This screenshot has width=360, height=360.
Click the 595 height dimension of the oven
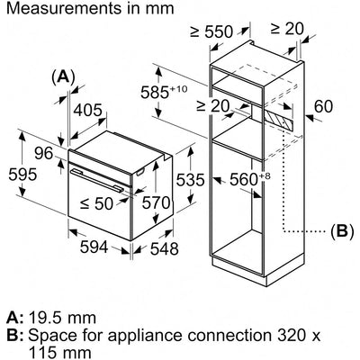(x=22, y=175)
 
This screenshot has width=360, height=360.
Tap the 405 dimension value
(x=88, y=110)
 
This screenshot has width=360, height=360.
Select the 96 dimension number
(x=43, y=154)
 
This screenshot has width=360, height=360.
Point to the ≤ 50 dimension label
(x=97, y=203)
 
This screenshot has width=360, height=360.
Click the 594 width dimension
(x=94, y=247)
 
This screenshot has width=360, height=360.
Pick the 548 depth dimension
(x=164, y=248)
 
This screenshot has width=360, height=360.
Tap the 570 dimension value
(x=156, y=202)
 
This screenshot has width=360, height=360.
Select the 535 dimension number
(x=190, y=180)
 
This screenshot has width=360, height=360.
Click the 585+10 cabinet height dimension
(x=164, y=92)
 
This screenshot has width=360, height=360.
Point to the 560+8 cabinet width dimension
(x=250, y=180)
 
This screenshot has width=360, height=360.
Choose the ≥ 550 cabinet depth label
(x=211, y=31)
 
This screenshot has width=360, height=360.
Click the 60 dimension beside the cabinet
(x=323, y=106)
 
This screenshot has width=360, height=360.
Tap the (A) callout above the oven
(x=63, y=76)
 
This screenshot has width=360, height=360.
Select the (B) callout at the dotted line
(x=342, y=231)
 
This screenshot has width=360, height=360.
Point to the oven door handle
(x=97, y=180)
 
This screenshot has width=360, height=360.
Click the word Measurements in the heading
(x=62, y=8)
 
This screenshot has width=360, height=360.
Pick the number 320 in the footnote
(x=284, y=335)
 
